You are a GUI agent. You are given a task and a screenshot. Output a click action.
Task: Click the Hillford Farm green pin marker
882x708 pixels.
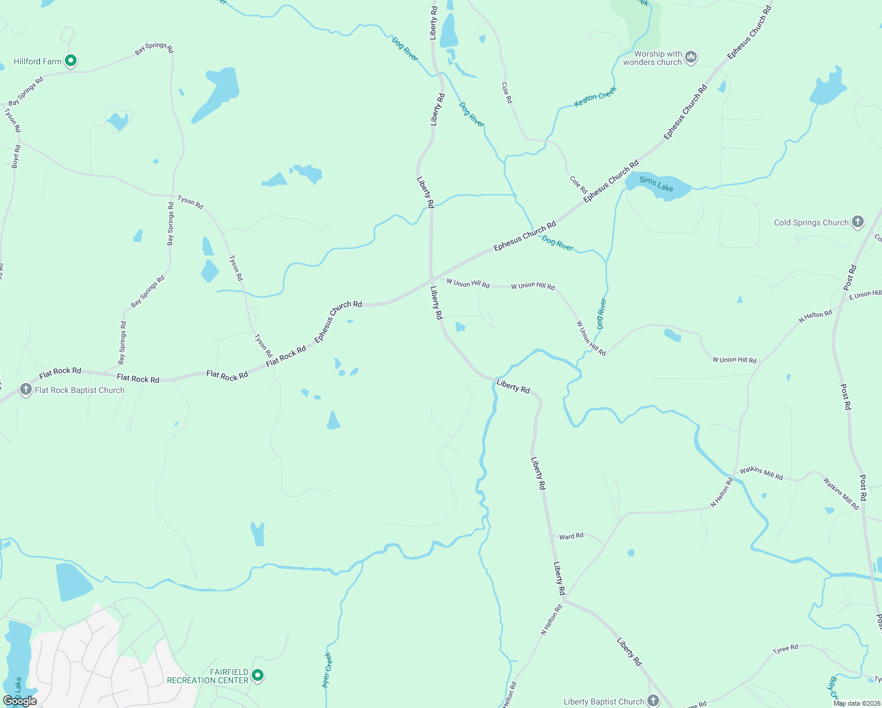pos(71,60)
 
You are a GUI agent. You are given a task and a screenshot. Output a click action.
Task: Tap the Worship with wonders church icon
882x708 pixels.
pos(691,57)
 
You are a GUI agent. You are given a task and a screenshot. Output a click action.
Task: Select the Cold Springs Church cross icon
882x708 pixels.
pos(858,222)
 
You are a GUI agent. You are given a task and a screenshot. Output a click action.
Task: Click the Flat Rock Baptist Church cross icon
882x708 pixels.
pos(25,389)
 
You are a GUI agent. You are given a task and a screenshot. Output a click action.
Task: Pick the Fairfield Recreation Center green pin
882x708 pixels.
pos(257,675)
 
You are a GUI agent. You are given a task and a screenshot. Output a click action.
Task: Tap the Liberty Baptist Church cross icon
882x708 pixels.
pos(653,700)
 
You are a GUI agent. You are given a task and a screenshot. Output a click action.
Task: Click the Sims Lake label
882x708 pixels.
pos(656,184)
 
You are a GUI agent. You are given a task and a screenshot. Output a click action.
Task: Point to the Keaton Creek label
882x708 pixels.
pos(595,97)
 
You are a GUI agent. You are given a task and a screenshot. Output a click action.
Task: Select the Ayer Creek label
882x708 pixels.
pos(327,670)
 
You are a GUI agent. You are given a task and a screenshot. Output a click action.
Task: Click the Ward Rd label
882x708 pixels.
pos(571,536)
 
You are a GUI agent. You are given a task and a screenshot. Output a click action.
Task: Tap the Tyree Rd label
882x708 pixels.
pos(785,649)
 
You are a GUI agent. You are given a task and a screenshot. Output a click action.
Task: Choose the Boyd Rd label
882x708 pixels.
pos(16,156)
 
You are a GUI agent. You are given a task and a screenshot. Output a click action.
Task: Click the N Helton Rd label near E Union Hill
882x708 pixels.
pos(815,316)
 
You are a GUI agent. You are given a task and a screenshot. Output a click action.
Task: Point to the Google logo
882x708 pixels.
pos(20,701)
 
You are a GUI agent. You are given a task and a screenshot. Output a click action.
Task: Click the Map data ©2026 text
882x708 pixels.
pos(857,703)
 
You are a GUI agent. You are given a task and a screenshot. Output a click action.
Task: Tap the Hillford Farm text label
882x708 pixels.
pos(38,61)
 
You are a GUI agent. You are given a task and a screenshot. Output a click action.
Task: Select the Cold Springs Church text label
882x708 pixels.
pos(811,222)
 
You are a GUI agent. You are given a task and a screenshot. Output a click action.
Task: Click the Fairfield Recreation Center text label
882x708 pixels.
pos(208,676)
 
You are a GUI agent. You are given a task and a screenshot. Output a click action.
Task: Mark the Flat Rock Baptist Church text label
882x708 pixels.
pos(80,390)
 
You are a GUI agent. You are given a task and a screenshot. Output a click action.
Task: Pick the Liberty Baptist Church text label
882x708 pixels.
pos(604,702)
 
